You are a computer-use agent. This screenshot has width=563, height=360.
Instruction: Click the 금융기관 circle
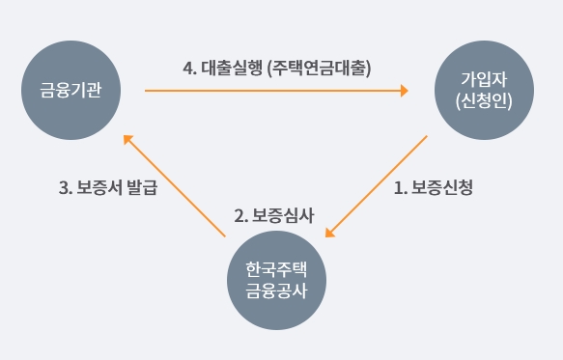tap(71, 90)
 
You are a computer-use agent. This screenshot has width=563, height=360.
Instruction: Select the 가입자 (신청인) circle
tap(484, 90)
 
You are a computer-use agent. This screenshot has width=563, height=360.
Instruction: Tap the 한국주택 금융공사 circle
tap(276, 280)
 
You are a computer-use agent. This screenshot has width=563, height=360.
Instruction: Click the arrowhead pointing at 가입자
tap(405, 91)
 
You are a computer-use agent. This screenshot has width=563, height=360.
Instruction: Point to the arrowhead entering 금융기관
tap(127, 139)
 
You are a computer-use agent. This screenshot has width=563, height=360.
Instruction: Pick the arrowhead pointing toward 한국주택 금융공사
tap(329, 233)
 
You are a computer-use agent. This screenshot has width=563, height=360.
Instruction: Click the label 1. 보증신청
tap(434, 187)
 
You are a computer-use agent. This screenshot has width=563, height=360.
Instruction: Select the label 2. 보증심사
tap(274, 216)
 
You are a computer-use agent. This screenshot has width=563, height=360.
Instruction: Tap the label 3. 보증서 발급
tap(108, 187)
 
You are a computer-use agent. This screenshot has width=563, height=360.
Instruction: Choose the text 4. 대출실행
tap(223, 68)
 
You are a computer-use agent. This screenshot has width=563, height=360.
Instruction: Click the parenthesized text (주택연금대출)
tap(320, 69)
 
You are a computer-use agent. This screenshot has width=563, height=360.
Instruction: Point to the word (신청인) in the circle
tap(484, 101)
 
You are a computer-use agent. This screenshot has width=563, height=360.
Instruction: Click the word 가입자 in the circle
tap(484, 79)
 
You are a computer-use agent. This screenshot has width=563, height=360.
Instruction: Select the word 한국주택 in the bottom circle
tap(276, 269)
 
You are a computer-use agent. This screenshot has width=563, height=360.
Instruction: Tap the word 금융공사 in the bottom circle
tap(276, 291)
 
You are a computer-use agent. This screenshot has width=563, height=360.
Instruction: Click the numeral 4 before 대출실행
tap(187, 69)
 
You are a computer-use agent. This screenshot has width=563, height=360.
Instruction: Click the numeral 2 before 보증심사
tap(239, 216)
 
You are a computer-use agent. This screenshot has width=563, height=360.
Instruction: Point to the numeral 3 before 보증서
tap(64, 187)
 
